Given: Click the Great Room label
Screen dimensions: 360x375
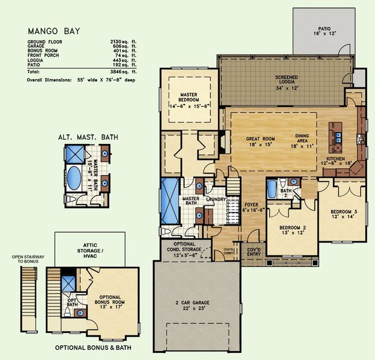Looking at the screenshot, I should [x=260, y=142].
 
